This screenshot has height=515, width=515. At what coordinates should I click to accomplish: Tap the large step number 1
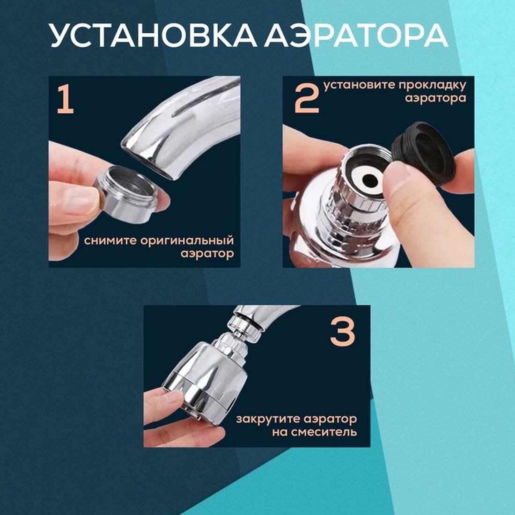(x=65, y=99)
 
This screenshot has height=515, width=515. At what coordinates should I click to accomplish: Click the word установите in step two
(x=359, y=85)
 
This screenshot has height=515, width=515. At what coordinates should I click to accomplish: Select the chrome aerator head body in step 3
(x=206, y=375)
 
